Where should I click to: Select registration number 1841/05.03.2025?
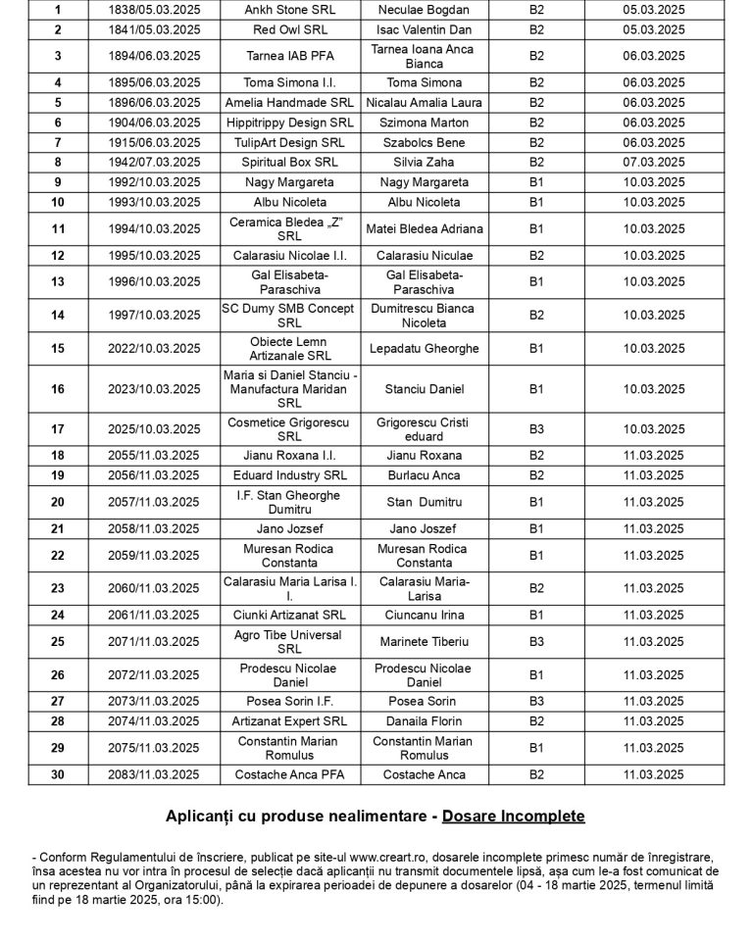point(157,29)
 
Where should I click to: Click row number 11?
point(58,228)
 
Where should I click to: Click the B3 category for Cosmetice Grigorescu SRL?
point(536,428)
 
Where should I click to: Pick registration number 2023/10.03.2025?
point(157,389)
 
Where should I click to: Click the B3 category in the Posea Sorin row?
point(536,702)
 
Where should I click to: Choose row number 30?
point(58,774)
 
